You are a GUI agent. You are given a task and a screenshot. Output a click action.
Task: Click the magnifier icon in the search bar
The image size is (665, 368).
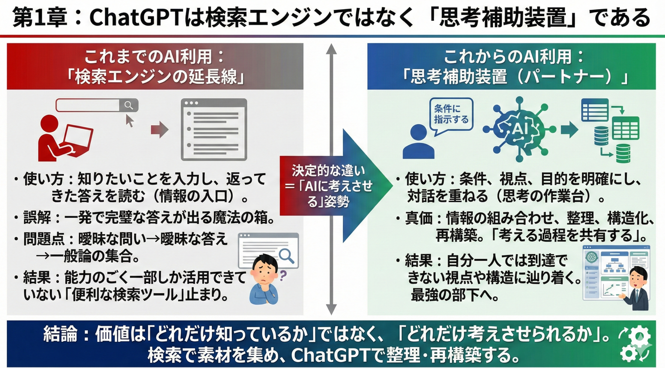pos(129,105)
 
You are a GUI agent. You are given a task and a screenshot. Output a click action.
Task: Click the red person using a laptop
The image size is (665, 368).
pos(63,138)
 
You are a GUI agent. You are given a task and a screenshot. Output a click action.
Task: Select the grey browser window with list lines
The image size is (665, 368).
pos(214,129)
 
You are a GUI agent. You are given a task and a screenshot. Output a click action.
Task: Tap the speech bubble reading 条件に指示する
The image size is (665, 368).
pos(451,114)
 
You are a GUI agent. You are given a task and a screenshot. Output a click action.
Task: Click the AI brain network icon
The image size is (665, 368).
pos(519,129)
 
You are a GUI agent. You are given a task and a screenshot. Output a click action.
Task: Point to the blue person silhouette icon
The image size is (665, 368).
pos(418,141)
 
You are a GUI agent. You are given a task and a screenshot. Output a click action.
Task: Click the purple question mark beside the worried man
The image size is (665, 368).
pos(283,275)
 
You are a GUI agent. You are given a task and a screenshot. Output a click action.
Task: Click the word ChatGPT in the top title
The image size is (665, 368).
pos(135,18)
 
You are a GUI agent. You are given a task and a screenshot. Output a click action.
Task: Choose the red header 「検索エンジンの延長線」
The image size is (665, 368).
pos(155,77)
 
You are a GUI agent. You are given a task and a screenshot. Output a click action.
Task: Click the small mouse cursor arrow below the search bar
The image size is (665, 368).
pos(129,121)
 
